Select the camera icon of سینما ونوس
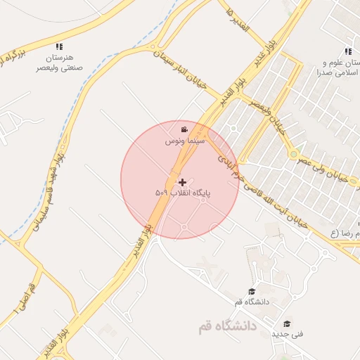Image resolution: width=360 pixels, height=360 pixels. pyautogui.click(x=184, y=129)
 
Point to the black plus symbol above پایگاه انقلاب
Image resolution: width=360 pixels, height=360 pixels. pyautogui.click(x=183, y=181)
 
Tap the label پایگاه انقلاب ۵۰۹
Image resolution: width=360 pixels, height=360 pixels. pyautogui.click(x=183, y=192)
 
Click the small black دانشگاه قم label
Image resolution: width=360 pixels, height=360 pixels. pyautogui.click(x=252, y=302)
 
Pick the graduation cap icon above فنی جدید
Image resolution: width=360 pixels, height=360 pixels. pyautogui.click(x=287, y=324)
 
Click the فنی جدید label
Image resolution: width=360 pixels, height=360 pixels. pyautogui.click(x=288, y=335)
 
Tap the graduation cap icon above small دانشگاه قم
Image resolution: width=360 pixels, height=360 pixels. pyautogui.click(x=251, y=292)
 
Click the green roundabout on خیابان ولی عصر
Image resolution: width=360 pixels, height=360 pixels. pyautogui.click(x=293, y=154)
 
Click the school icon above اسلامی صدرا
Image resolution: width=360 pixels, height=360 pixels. pyautogui.click(x=348, y=51)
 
